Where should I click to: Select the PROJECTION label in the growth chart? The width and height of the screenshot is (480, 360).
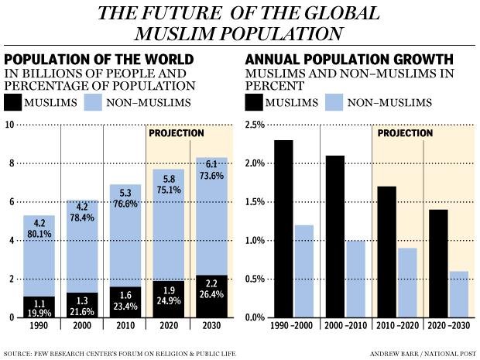point(405,133)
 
